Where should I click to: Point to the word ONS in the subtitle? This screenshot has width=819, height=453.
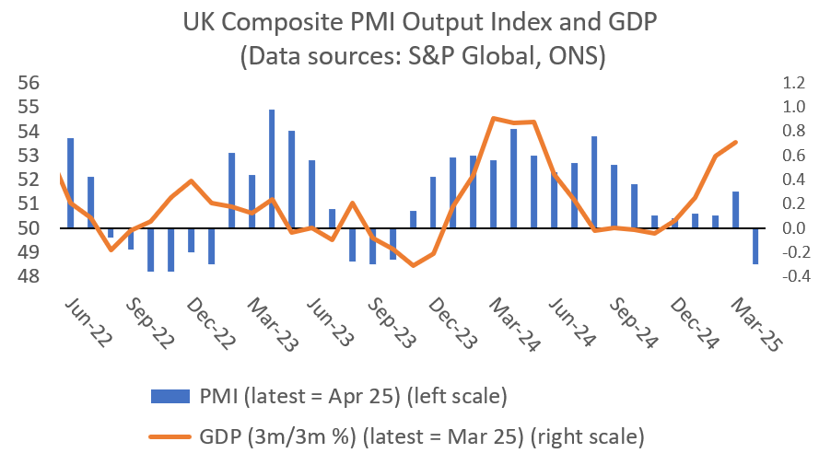pos(571,55)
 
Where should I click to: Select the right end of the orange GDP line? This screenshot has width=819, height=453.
pos(735,142)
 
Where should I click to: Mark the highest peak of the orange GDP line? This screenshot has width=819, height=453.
pos(494,118)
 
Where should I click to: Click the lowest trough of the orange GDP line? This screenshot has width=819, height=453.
pos(413,265)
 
